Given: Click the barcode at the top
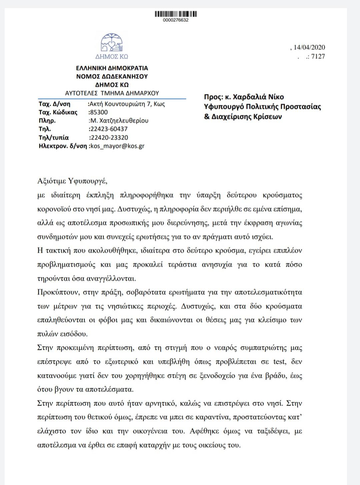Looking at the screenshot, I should pos(176,14).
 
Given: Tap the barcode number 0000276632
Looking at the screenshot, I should pos(176,20).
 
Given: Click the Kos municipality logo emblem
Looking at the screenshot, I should pos(112,43).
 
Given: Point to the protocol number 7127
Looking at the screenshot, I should pos(318,56).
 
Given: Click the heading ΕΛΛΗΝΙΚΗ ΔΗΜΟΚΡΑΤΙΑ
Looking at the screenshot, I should pos(112,68).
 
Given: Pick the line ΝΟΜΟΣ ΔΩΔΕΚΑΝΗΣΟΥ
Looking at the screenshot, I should pos(112,76).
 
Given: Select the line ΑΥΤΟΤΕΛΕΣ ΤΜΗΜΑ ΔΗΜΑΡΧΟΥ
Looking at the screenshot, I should pos(112,93).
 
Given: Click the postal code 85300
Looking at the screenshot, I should pos(99,112).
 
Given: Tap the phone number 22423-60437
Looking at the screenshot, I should pos(108,129).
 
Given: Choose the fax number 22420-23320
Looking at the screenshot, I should pos(109,137).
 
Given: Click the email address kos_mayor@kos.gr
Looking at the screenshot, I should pos(117,146).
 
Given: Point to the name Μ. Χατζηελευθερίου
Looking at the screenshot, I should pos(119,120).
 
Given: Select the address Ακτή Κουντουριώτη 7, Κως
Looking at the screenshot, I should pos(127,104).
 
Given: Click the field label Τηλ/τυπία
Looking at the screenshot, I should pos(54,137).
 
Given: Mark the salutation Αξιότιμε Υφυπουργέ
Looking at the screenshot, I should pos(72,181).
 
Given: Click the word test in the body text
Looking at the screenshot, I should pos(279,362).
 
